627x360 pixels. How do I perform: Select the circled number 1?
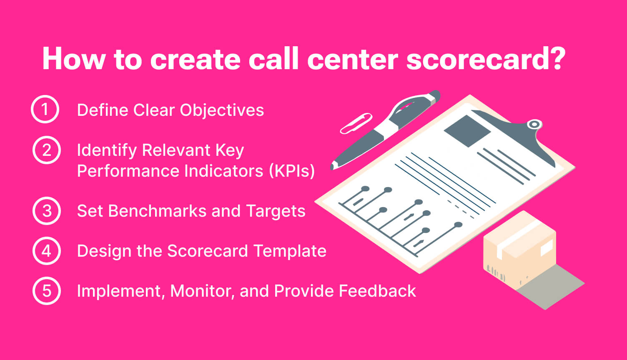click(45, 110)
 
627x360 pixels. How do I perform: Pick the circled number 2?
click(46, 150)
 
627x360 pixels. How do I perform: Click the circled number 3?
click(46, 211)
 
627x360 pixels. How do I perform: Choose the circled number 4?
click(46, 251)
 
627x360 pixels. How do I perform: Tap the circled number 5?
click(46, 290)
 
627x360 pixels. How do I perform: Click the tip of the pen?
click(332, 166)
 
